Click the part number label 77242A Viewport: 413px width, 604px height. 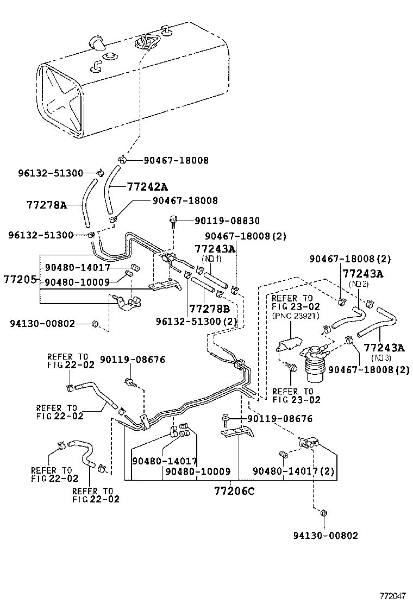[147, 187]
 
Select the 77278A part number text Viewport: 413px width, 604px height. [46, 205]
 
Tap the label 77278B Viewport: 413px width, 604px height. [209, 309]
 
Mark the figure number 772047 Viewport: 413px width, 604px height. [392, 596]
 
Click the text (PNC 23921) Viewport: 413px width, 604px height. [296, 316]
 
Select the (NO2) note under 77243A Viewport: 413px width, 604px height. [359, 284]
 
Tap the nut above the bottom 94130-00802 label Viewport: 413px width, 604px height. [323, 513]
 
